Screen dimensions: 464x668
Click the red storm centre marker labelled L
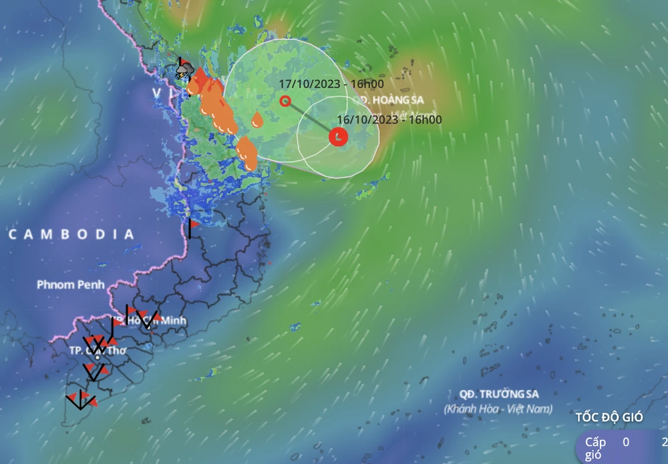339,137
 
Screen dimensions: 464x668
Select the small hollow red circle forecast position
285,101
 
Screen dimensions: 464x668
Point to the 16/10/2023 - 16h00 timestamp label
389,120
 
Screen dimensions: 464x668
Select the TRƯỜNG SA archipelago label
499,393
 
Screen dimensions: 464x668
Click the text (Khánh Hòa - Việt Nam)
499,408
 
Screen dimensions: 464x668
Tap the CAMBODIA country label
71,234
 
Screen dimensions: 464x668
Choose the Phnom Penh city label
71,285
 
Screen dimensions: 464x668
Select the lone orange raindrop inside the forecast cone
257,120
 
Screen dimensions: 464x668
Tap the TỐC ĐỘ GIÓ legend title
609,417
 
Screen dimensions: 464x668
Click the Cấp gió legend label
595,447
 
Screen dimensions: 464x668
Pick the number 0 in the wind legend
626,441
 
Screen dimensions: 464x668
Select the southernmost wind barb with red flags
81,400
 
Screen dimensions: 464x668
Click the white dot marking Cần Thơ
98,357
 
